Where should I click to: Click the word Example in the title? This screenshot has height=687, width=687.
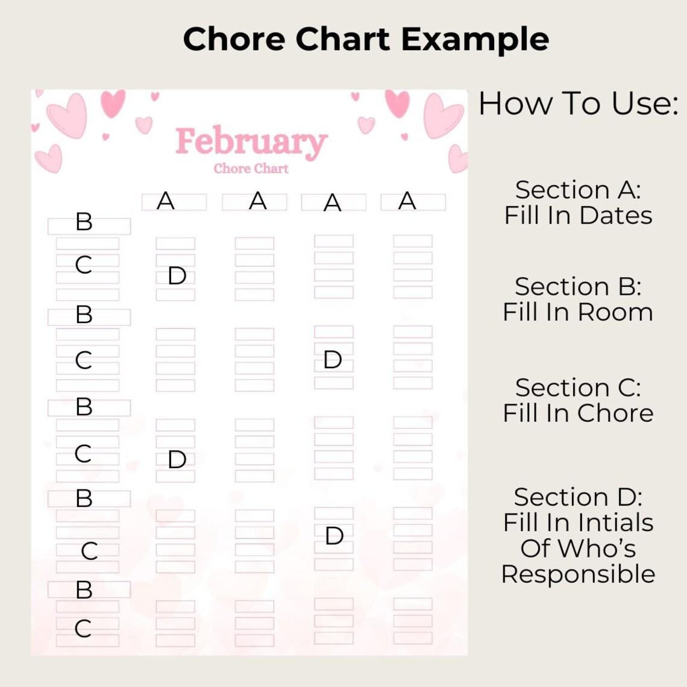[x=475, y=40]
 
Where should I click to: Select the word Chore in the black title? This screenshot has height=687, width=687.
[x=234, y=40]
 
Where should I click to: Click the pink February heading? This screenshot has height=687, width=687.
[x=251, y=142]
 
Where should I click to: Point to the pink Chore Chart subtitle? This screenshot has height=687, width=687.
[x=251, y=169]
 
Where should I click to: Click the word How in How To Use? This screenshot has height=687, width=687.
[x=516, y=104]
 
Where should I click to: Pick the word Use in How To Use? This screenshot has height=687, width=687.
[x=644, y=104]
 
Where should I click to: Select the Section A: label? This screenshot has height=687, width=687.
[x=578, y=190]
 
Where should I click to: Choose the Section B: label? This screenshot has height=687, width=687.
[x=578, y=287]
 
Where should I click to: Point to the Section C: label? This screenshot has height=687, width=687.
[x=578, y=387]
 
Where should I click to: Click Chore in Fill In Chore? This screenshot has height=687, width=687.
[x=616, y=413]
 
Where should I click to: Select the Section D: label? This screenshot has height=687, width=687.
[x=578, y=497]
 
